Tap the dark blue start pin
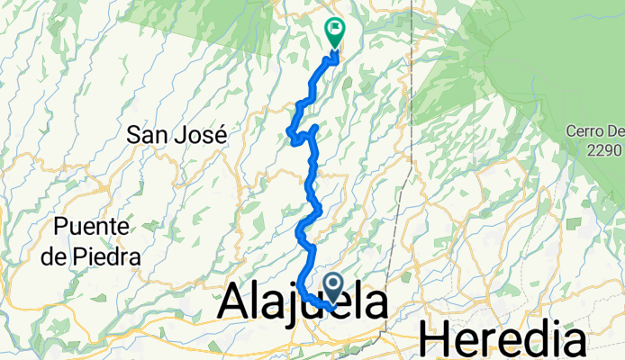pos(333,287)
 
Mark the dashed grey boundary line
pos(411,135)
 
